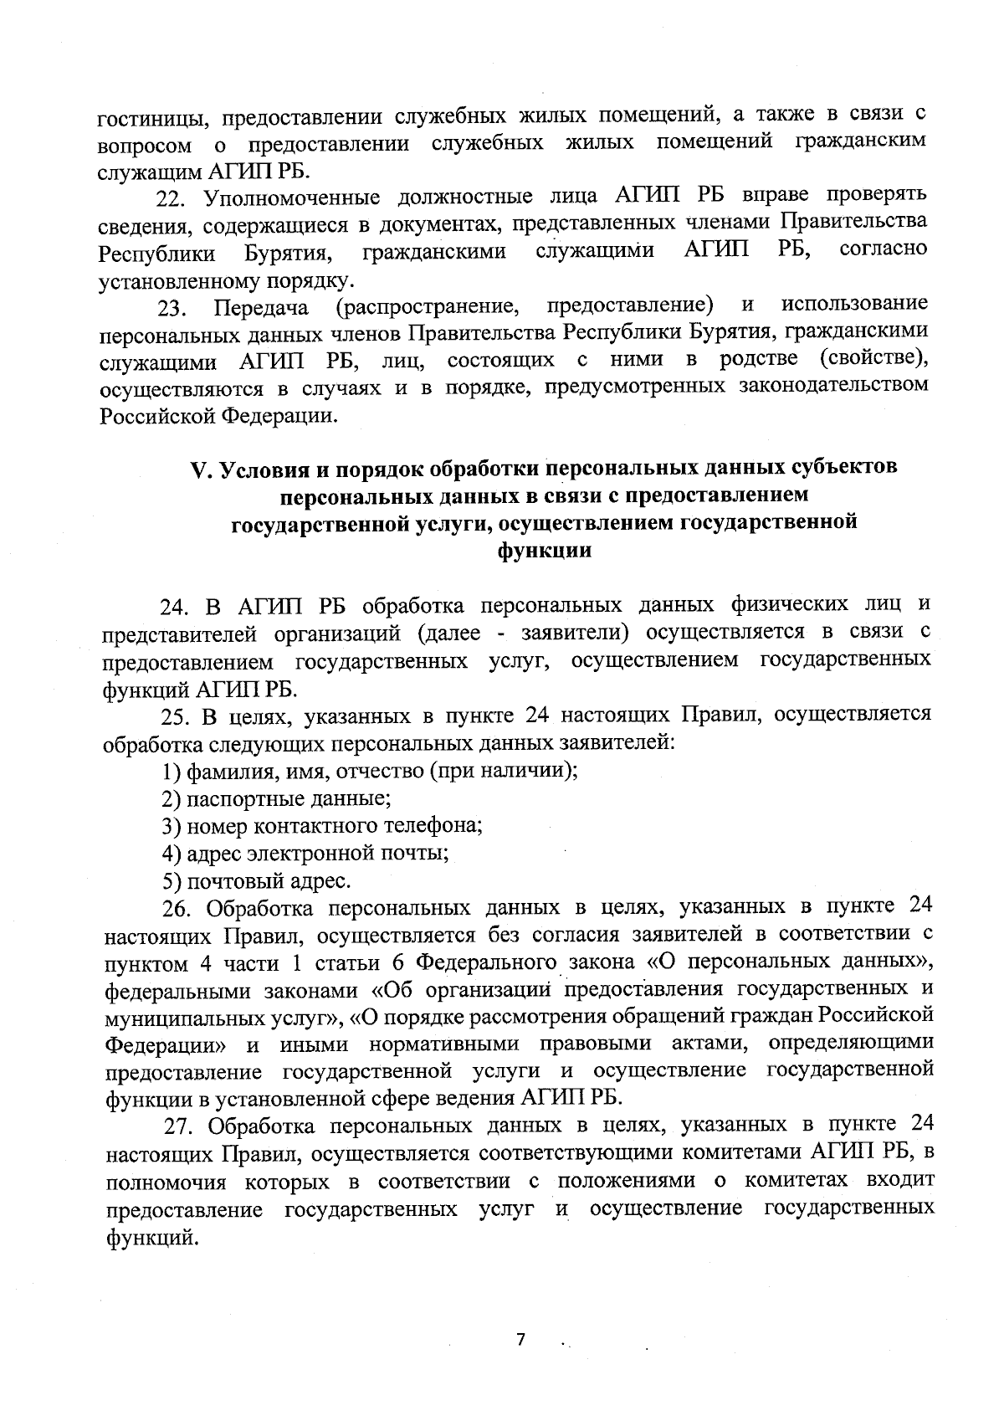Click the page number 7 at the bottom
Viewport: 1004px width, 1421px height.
pyautogui.click(x=520, y=1340)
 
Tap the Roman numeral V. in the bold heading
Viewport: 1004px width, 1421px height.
pyautogui.click(x=201, y=469)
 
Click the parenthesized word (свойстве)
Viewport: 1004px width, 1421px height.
pyautogui.click(x=873, y=361)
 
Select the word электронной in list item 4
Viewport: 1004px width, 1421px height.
pyautogui.click(x=294, y=854)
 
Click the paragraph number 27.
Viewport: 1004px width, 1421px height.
pyautogui.click(x=180, y=1126)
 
